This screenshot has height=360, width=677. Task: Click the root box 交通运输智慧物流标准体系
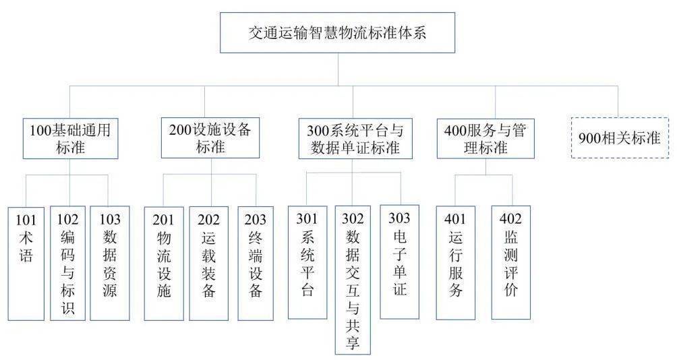(337, 33)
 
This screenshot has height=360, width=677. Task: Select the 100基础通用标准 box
(70, 139)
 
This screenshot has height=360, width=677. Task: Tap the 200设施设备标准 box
(210, 138)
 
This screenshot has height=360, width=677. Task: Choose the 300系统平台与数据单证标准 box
(355, 139)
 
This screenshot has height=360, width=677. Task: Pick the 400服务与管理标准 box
(485, 139)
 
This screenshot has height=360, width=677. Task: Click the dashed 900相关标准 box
(620, 138)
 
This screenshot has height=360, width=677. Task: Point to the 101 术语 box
(26, 264)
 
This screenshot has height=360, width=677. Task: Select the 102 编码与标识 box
(68, 264)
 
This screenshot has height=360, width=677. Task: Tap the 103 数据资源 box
(110, 264)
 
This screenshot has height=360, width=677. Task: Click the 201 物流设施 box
(164, 264)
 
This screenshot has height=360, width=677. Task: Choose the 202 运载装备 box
(208, 264)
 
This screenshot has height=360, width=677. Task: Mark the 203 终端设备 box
(256, 264)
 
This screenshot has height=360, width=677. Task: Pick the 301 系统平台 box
(307, 262)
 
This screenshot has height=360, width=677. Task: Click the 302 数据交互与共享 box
(353, 280)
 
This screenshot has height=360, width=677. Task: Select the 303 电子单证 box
(399, 262)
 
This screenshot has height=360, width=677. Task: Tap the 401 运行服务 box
(456, 263)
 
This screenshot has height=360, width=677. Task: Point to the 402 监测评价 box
(510, 262)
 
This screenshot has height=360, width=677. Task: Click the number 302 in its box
(353, 218)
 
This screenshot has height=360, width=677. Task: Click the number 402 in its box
(510, 218)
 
